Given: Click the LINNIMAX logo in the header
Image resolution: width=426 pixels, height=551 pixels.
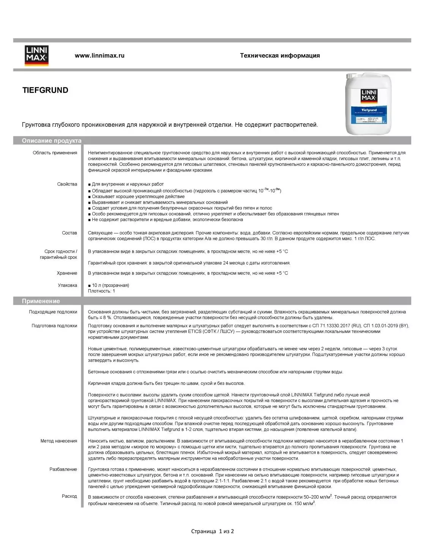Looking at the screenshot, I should click(36, 55).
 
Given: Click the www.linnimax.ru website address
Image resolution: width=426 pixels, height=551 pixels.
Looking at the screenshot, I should click(99, 55).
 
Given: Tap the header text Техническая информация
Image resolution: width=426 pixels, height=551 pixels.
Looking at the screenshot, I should click(280, 55).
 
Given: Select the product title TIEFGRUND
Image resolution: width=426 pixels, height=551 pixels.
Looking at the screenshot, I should click(45, 90).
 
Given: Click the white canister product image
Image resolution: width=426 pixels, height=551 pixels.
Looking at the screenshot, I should click(368, 104).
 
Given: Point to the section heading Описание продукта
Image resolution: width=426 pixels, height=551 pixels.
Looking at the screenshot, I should click(52, 141).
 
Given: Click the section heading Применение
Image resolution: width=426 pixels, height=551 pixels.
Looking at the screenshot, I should click(41, 301).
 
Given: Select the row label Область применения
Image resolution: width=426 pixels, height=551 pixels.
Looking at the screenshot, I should click(55, 153).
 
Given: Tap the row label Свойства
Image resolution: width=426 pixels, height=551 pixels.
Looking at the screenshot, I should click(67, 184).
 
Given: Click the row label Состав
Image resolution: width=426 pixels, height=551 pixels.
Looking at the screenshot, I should click(69, 233).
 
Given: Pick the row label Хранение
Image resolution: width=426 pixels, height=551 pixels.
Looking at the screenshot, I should click(67, 273).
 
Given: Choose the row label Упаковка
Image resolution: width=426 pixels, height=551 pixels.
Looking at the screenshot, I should click(67, 285).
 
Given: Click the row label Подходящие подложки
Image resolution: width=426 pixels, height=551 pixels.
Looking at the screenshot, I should click(53, 312).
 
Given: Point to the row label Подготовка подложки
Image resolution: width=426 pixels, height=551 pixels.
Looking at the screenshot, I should click(54, 326).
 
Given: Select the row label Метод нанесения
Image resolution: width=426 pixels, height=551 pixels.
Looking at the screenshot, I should click(59, 441).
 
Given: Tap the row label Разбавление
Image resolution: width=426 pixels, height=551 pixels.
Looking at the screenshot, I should click(63, 469).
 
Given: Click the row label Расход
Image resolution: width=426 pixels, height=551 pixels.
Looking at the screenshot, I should click(69, 496).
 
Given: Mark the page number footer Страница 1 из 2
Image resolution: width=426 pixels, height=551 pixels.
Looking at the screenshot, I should click(213, 531).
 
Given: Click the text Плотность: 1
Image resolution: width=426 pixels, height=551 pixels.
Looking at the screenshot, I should click(101, 291).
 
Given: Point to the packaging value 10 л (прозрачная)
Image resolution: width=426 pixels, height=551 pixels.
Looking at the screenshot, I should click(110, 285).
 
